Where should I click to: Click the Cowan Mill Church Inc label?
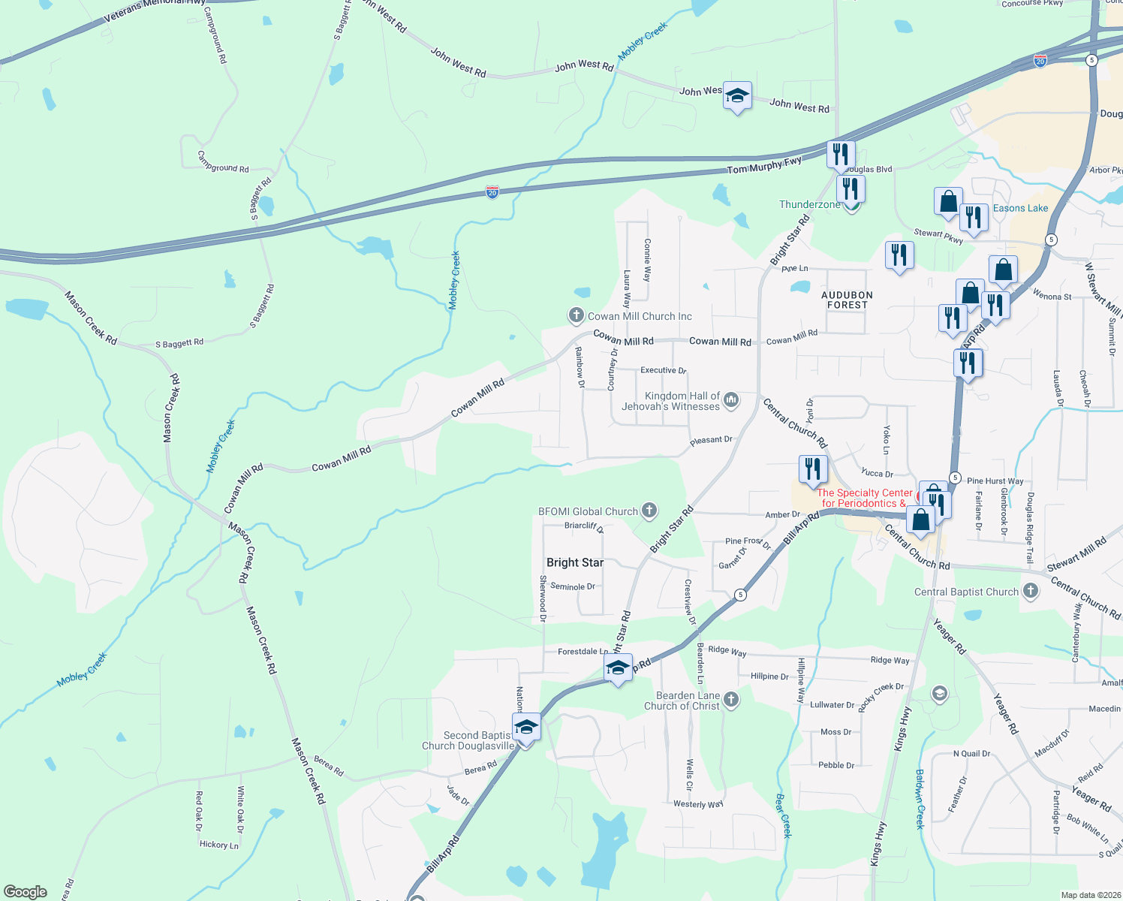pyautogui.click(x=640, y=316)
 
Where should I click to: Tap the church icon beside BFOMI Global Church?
pyautogui.click(x=649, y=511)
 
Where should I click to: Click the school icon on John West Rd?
pyautogui.click(x=737, y=95)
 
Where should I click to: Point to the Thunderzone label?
pyautogui.click(x=809, y=204)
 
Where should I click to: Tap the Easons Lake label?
pyautogui.click(x=1020, y=208)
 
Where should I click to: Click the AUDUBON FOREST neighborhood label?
pyautogui.click(x=847, y=300)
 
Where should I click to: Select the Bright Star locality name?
pyautogui.click(x=575, y=562)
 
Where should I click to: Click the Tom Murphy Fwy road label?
pyautogui.click(x=764, y=165)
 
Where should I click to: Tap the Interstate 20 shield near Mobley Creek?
pyautogui.click(x=492, y=192)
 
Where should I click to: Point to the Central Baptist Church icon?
pyautogui.click(x=1031, y=591)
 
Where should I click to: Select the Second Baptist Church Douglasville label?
pyautogui.click(x=468, y=740)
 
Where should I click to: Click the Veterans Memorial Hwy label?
pyautogui.click(x=154, y=7)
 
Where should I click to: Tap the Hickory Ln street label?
pyautogui.click(x=219, y=845)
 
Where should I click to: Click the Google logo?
pyautogui.click(x=26, y=892)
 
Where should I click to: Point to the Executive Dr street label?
pyautogui.click(x=663, y=370)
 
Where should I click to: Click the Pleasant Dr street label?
pyautogui.click(x=711, y=440)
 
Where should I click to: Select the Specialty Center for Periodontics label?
pyautogui.click(x=864, y=498)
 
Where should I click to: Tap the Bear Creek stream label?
pyautogui.click(x=783, y=815)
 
